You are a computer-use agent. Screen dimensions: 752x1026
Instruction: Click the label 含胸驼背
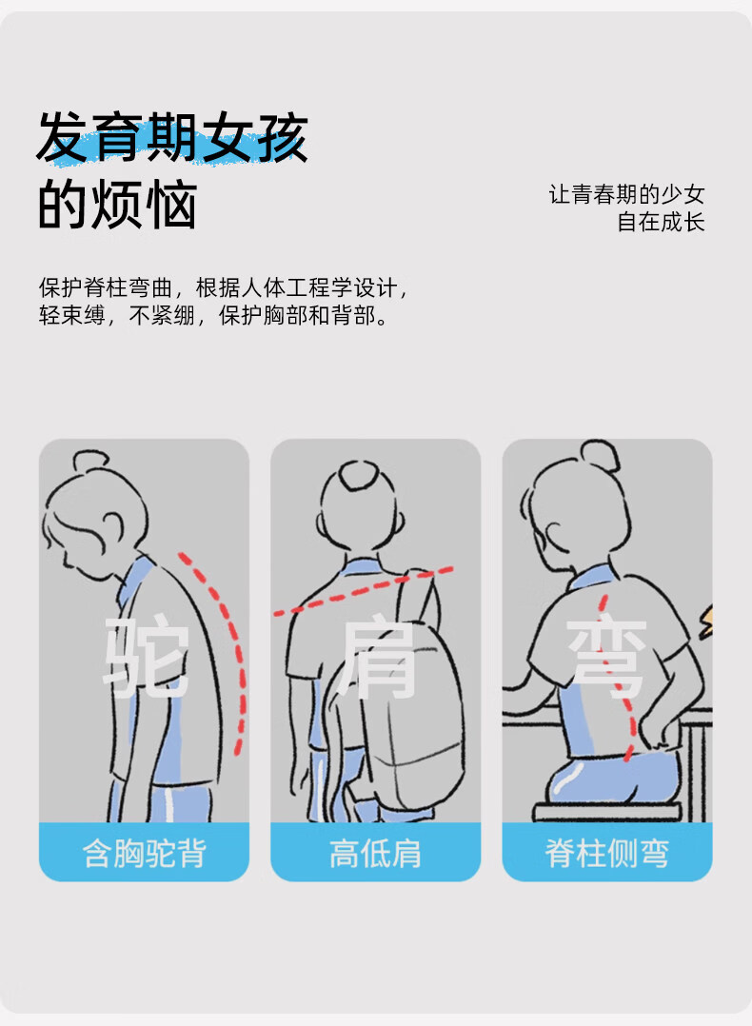coord(144,853)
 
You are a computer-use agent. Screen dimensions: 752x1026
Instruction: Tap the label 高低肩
coord(375,853)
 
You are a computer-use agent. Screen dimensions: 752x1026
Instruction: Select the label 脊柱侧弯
coord(606,853)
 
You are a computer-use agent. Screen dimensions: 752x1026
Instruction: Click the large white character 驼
coord(147,657)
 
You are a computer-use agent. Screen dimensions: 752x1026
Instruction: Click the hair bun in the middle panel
coord(358,475)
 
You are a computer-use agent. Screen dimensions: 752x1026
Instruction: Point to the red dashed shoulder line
coord(364,591)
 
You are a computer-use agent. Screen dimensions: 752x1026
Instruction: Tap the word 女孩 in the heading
coord(254,137)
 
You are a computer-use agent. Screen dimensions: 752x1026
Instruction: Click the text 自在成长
coord(661,222)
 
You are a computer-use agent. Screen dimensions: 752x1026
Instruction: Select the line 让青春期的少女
coord(626,194)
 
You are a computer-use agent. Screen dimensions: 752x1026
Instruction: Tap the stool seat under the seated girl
coord(607,812)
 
